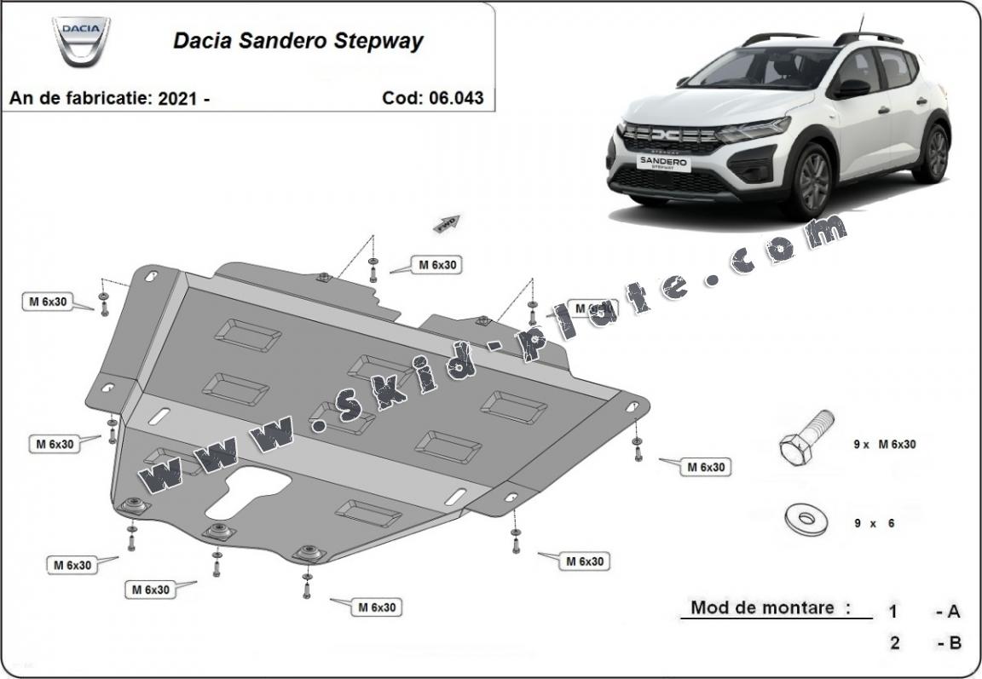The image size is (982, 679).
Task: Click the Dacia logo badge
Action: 81,42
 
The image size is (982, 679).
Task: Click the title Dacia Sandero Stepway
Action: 297,41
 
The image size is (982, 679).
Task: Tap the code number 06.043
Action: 455,98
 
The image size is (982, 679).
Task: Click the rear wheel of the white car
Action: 933,153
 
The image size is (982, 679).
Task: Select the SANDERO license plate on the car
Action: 665,162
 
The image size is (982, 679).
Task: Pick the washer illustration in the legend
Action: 805,517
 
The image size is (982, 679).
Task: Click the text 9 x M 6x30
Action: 884,444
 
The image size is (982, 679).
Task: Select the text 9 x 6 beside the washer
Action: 873,523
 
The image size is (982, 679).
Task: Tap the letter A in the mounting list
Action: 953,611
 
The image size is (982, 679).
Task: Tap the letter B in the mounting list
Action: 953,642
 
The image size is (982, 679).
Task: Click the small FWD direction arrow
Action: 447,223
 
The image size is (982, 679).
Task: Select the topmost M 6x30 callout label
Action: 437,265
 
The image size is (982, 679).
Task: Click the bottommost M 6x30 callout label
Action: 376,607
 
